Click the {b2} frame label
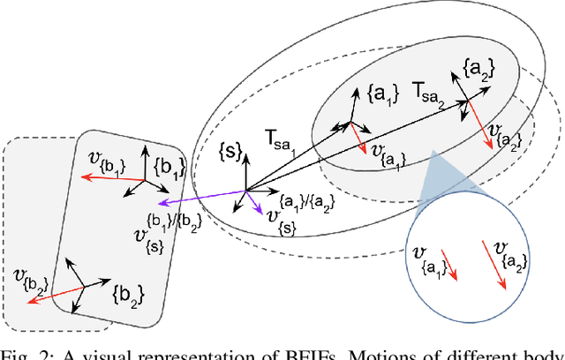click(128, 289)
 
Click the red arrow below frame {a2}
click(480, 124)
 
